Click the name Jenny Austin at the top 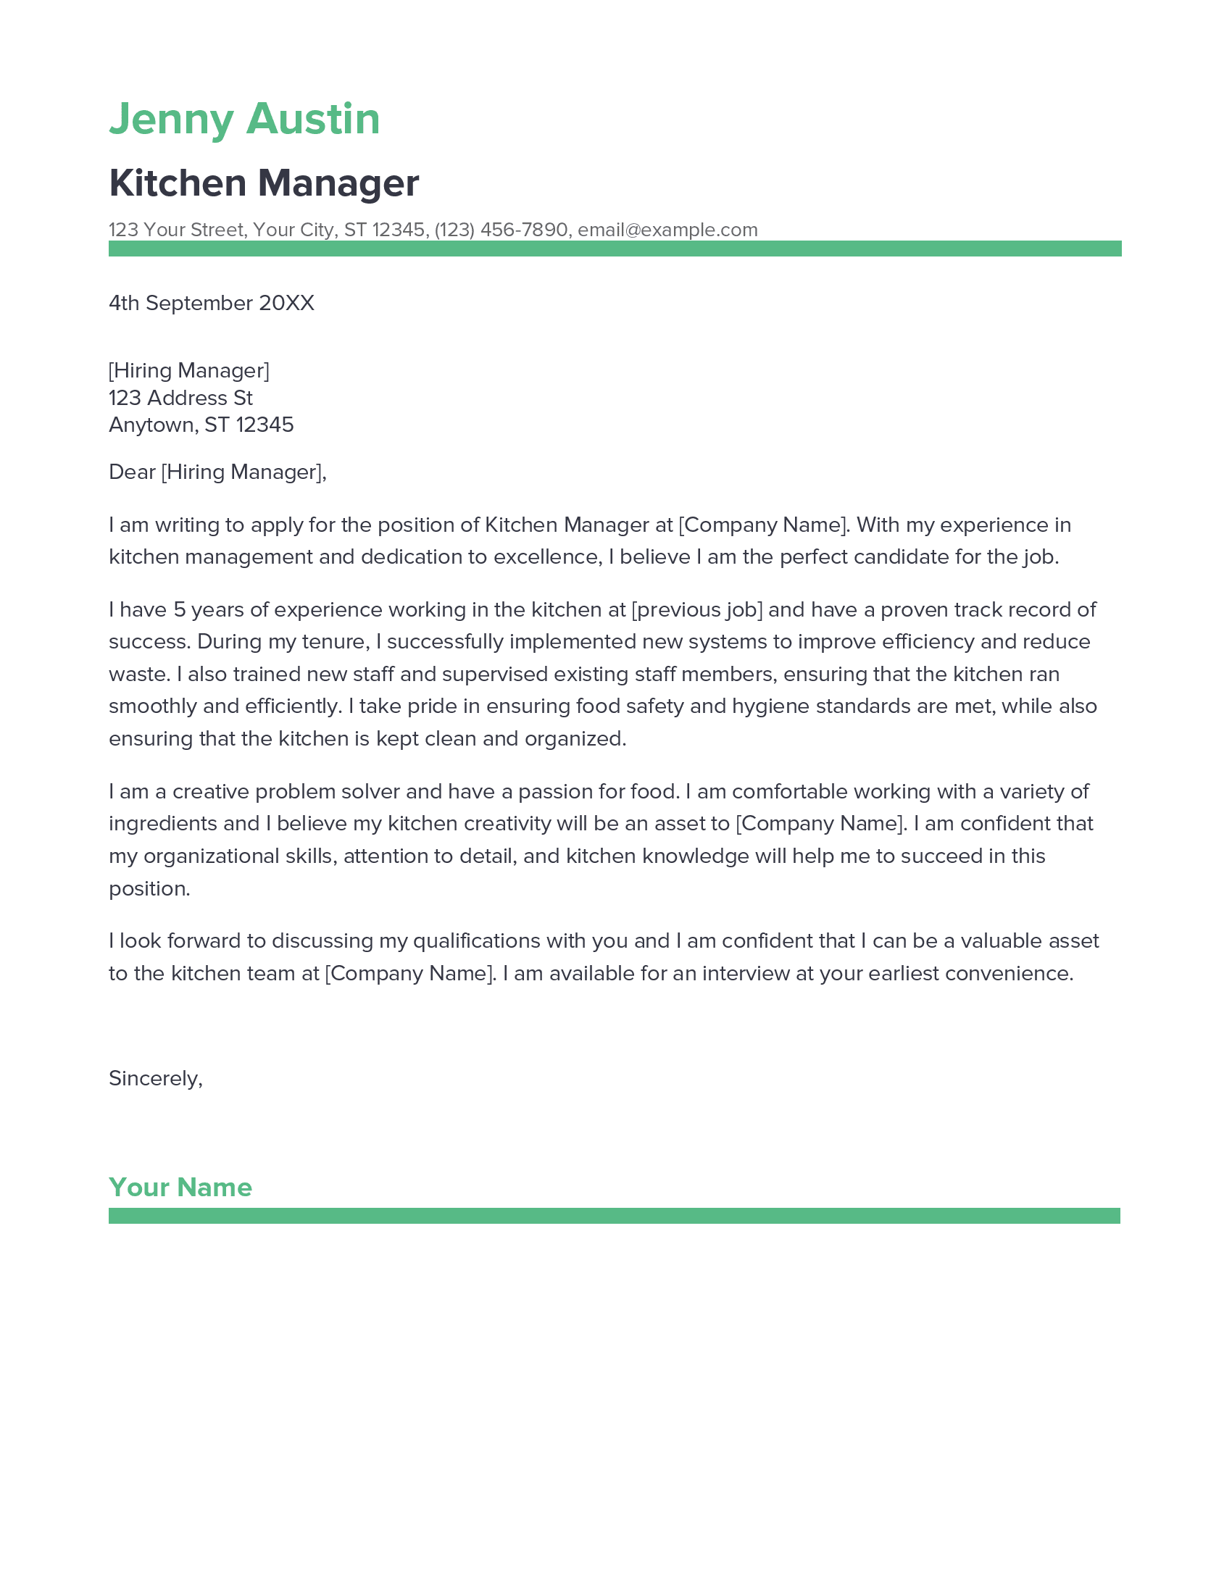tap(244, 119)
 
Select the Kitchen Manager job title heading tap(264, 183)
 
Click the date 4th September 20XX tap(211, 303)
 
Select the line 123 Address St tap(180, 398)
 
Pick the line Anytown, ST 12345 tap(201, 425)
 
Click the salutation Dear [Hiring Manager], tap(217, 472)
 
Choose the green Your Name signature tap(180, 1188)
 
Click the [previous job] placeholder tap(696, 609)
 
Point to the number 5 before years tap(180, 609)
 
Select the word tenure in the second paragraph tap(334, 641)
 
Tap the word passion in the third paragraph tap(548, 791)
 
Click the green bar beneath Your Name tap(614, 1216)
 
